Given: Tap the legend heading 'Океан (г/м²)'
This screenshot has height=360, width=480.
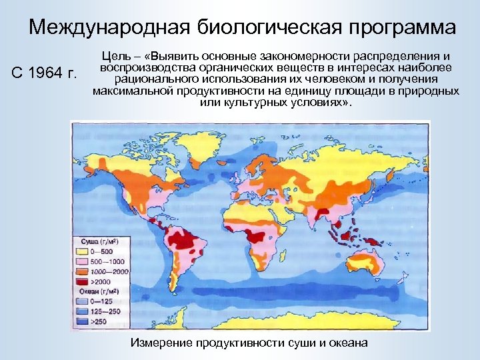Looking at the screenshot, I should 97,291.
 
